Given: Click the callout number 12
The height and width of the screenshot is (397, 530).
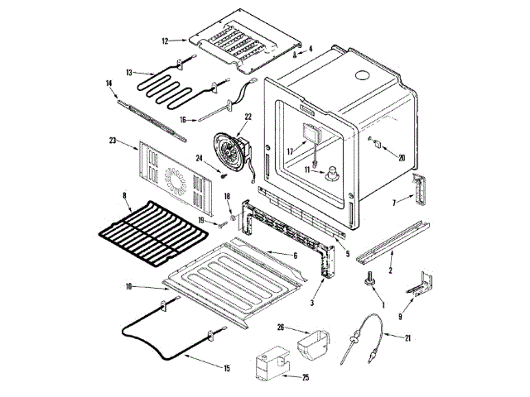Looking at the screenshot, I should click(165, 40).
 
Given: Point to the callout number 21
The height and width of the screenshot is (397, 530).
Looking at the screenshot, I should click(408, 337).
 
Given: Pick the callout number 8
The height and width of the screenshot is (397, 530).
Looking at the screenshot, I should click(124, 197).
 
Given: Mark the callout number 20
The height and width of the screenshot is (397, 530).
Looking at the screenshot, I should click(402, 158).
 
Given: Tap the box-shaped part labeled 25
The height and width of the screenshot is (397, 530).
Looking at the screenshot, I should click(268, 364).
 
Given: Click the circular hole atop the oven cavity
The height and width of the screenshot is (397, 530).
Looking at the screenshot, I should click(362, 76).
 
